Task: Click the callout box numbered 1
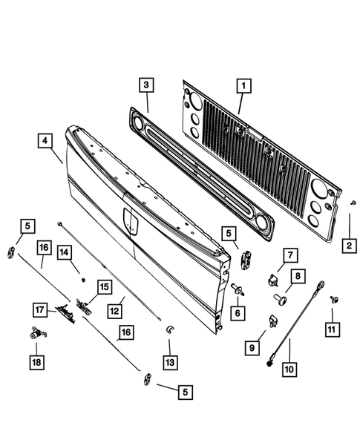click(240, 87)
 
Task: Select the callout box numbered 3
click(147, 85)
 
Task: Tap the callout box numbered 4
click(45, 139)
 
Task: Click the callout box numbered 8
click(296, 277)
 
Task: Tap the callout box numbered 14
click(65, 253)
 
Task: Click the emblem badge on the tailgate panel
click(131, 220)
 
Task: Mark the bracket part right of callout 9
click(271, 320)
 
